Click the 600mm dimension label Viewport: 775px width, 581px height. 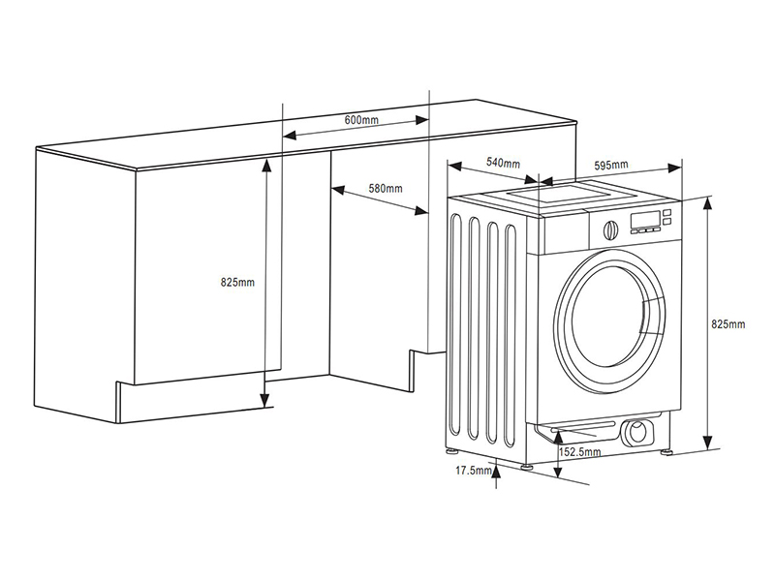pos(360,119)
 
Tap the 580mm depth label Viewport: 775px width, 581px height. pos(385,188)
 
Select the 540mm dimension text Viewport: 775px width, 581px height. pos(503,163)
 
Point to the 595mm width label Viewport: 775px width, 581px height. pos(611,166)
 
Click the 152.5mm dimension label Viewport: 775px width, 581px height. pos(580,452)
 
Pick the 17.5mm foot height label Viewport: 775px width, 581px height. pos(472,472)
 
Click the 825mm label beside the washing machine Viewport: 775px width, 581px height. pos(728,324)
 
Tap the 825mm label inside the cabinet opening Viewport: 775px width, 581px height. pos(237,283)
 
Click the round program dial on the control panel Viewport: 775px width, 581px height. pos(609,229)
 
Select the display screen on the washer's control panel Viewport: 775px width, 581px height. pos(645,220)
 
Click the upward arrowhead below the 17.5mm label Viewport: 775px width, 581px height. pos(497,472)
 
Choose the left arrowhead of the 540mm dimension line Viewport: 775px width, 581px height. pos(451,165)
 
